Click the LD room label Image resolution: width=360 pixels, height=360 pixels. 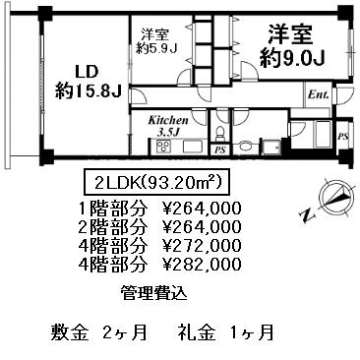87,72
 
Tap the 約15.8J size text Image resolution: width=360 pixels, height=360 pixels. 89,90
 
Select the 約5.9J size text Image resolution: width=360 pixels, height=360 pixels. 157,48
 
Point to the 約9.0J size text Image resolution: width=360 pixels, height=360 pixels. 292,59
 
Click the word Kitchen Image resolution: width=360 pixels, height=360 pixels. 168,120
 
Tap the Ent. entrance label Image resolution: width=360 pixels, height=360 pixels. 319,95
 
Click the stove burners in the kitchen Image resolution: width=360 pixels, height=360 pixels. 163,147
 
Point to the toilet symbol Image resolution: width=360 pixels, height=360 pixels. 220,134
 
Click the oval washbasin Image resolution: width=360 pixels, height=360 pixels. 245,147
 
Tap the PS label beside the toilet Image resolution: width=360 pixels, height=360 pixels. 220,150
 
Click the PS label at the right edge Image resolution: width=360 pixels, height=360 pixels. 343,137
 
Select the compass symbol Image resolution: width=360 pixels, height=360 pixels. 337,198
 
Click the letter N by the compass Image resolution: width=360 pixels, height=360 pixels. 307,216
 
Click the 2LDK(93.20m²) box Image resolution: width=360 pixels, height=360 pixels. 155,182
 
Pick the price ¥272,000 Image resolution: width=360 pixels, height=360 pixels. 203,245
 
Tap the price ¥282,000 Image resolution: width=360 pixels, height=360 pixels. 203,264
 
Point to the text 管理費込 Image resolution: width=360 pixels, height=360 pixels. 154,293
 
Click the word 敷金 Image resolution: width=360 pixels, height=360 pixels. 70,332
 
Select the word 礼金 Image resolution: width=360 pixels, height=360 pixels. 197,332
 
